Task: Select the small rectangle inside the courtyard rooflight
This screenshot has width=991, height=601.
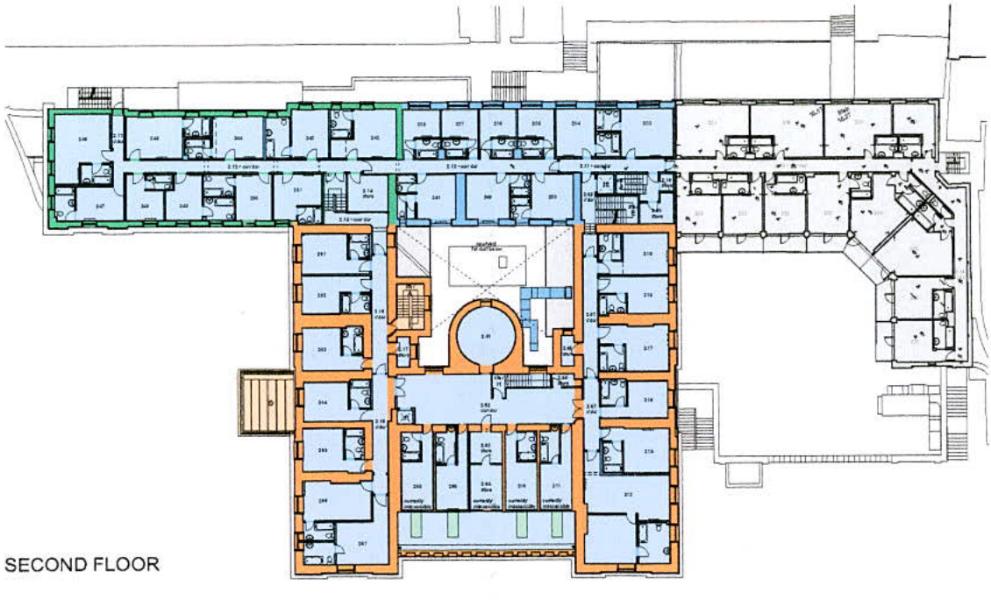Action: tap(501, 261)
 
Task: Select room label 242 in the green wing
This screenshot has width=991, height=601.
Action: tap(374, 139)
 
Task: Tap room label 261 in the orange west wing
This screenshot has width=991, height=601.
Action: tap(322, 254)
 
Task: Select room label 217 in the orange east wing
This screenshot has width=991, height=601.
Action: tap(649, 348)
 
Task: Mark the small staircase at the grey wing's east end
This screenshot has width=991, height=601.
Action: tap(956, 163)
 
